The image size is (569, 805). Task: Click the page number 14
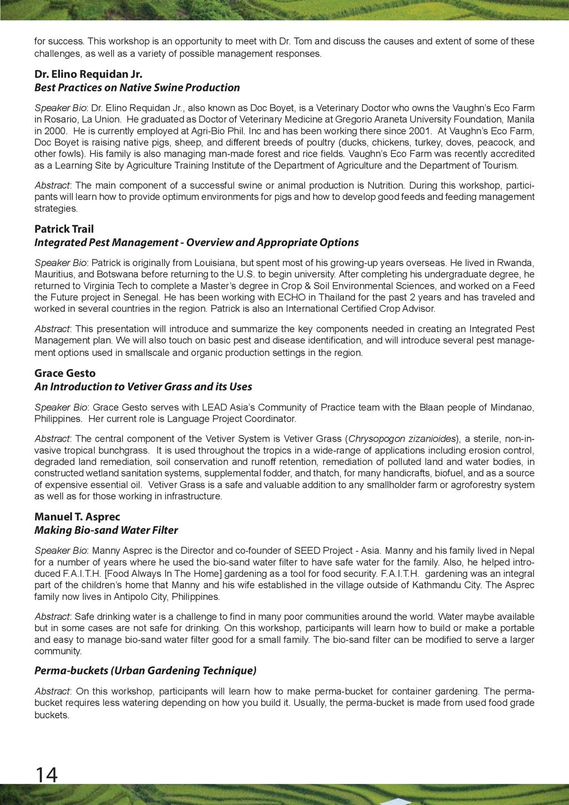[x=46, y=774]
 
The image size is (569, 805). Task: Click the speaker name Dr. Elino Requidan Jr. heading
[x=88, y=74]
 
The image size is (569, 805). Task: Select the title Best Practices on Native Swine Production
[x=137, y=87]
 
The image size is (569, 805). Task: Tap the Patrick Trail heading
[x=64, y=229]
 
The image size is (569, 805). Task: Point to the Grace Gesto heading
[x=65, y=373]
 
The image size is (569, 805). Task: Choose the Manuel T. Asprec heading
[x=77, y=517]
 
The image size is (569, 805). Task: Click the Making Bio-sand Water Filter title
[x=106, y=530]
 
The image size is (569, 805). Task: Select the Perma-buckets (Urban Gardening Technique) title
[x=146, y=671]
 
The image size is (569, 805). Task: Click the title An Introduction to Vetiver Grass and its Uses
[x=143, y=386]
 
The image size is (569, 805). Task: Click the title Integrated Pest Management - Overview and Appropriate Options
[x=197, y=242]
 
